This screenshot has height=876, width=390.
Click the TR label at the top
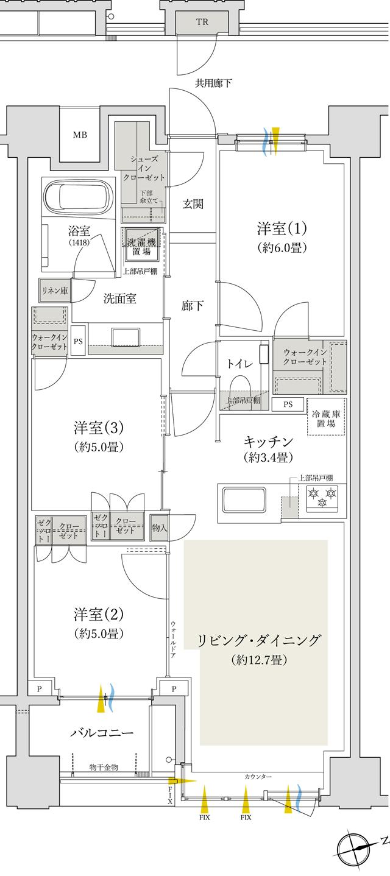201,21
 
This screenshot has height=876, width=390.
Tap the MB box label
80,135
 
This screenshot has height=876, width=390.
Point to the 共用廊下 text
213,83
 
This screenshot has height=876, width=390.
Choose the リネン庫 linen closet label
55,291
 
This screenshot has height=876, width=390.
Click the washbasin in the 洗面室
126,337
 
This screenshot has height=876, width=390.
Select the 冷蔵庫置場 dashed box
325,417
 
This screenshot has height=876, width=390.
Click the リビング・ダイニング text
258,640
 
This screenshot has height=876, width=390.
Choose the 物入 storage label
159,529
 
